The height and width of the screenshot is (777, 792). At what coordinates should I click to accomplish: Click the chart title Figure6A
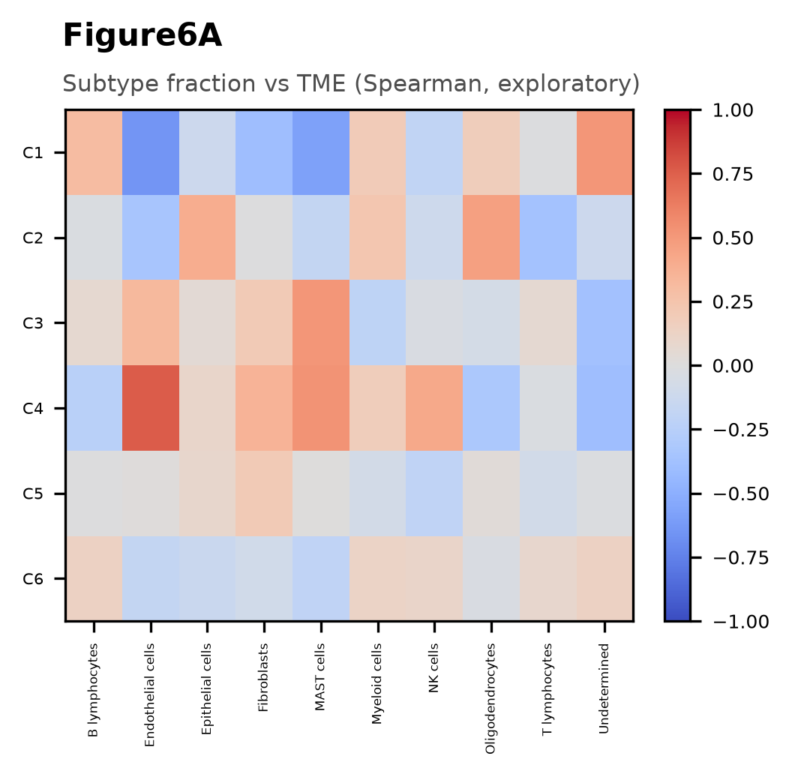pos(142,36)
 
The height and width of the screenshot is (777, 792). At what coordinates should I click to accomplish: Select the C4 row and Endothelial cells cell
pos(151,408)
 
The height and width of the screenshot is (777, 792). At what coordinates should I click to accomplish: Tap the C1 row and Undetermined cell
pos(605,152)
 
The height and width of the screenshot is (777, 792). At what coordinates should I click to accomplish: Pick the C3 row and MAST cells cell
pos(321,322)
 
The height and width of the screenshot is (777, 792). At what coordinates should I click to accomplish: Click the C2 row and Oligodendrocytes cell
pos(491,238)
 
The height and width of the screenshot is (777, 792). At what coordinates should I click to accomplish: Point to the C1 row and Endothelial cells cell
pos(151,152)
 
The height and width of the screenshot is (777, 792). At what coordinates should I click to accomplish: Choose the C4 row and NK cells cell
pos(434,408)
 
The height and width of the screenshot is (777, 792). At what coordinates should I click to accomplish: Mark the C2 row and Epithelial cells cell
pos(208,238)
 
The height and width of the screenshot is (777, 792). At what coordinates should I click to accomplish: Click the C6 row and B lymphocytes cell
pos(94,578)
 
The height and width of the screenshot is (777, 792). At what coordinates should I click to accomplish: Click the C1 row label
pos(33,152)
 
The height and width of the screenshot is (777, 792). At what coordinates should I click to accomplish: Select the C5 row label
pos(33,493)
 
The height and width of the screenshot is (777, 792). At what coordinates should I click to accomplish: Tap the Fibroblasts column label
pos(263,677)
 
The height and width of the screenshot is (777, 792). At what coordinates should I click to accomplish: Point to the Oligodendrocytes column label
pos(490,699)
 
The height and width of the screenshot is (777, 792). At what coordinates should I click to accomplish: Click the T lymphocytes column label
pos(547,689)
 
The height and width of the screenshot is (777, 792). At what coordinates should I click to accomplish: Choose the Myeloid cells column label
pos(376,683)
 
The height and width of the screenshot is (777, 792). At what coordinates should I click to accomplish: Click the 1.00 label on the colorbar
pos(733,110)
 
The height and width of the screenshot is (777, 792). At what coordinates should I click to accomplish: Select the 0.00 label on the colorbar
pos(733,366)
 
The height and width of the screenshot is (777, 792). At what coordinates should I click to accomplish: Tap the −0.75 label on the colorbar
pos(740,558)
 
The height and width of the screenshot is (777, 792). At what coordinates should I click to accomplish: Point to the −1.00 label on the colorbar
pos(740,622)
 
